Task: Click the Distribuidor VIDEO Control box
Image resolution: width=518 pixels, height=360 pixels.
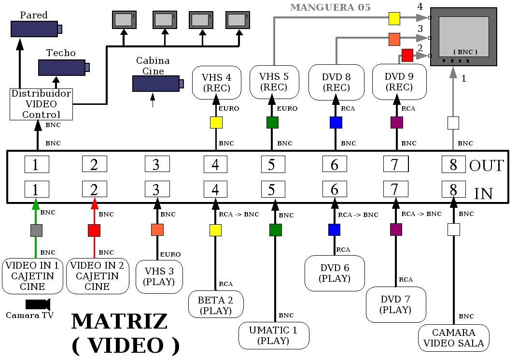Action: [x=41, y=104]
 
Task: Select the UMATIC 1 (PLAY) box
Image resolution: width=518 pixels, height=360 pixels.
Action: [x=274, y=335]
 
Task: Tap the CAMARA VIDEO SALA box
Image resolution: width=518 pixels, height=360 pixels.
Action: [x=454, y=338]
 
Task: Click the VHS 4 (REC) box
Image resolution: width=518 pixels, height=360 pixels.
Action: [x=216, y=82]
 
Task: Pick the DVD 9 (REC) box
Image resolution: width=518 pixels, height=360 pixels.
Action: [x=399, y=82]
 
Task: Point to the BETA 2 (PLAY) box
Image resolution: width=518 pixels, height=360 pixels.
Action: [x=215, y=304]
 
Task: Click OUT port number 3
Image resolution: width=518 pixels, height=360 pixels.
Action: [x=157, y=164]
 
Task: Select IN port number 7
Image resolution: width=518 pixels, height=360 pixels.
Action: [x=395, y=189]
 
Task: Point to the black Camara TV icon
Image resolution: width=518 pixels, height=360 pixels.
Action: [x=38, y=304]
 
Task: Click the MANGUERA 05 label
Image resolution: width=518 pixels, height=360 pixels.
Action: [x=331, y=7]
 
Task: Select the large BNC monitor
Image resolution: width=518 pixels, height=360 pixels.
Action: [x=463, y=36]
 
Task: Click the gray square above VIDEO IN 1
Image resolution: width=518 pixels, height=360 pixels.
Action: [x=36, y=230]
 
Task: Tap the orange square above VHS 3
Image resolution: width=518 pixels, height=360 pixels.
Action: [x=157, y=230]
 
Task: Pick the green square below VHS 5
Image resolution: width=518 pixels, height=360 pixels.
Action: [x=272, y=123]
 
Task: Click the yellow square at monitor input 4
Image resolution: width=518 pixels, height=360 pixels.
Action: [x=394, y=18]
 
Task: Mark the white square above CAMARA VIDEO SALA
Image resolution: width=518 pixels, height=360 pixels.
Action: [x=453, y=230]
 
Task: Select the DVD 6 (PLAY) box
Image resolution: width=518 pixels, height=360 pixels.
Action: [x=335, y=273]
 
